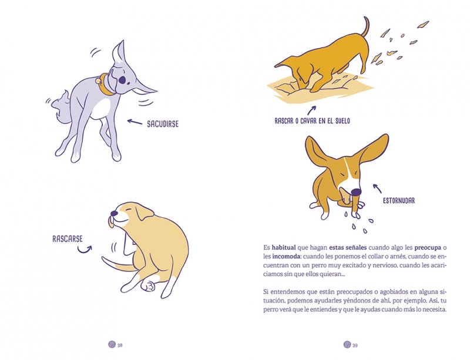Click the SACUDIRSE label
(163, 124)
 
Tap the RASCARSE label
(68, 239)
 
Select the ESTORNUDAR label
(399, 200)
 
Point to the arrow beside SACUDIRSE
(135, 122)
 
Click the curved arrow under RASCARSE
(85, 250)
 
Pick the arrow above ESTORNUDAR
(377, 189)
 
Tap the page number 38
(120, 345)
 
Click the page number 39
(355, 345)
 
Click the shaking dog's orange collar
(106, 85)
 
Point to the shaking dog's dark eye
(122, 80)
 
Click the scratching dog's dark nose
(114, 213)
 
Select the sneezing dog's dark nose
(356, 192)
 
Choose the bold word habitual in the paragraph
(284, 248)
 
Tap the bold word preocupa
(428, 248)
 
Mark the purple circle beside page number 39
(347, 344)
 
